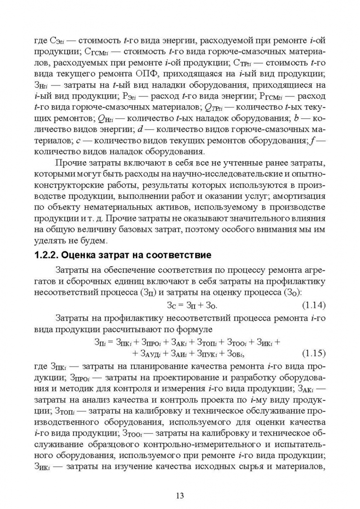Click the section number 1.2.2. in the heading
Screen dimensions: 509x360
(49, 256)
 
